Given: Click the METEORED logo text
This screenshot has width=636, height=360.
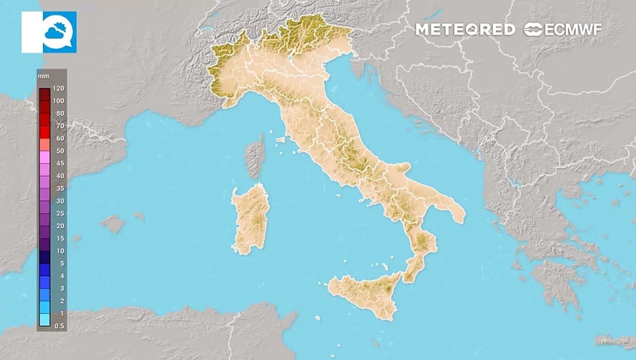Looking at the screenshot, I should [465, 29].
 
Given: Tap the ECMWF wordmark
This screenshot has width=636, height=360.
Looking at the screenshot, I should [563, 29].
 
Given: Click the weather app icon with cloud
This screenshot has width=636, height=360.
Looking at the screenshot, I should [49, 32].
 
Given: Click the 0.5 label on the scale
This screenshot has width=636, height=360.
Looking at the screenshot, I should [58, 326].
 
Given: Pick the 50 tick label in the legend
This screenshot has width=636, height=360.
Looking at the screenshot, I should [60, 151].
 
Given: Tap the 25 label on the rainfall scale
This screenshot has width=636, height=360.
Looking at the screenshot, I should [60, 213].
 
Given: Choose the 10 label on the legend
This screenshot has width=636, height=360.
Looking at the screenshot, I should [60, 251].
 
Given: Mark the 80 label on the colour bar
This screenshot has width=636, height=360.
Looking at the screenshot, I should [60, 113].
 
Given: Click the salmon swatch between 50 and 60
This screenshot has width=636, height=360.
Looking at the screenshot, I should [44, 144].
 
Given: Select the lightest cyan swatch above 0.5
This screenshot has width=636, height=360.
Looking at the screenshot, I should [44, 319].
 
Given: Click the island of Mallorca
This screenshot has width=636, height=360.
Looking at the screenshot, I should [113, 223].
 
